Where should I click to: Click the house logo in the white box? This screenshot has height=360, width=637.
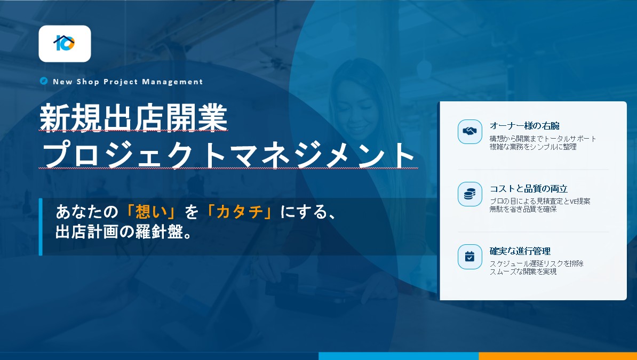click(x=64, y=43)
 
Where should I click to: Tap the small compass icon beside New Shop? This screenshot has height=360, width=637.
click(x=44, y=81)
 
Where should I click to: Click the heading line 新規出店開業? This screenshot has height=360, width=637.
click(x=134, y=118)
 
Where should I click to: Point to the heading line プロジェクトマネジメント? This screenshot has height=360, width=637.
click(x=228, y=155)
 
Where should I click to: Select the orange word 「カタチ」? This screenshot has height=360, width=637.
click(x=240, y=212)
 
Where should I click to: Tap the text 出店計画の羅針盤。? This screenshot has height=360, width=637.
click(x=123, y=231)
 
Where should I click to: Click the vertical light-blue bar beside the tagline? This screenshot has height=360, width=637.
click(x=41, y=227)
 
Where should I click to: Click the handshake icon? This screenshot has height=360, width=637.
click(x=470, y=132)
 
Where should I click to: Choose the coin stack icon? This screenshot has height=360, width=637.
click(x=470, y=194)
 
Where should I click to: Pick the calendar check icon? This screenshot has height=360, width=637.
click(x=470, y=257)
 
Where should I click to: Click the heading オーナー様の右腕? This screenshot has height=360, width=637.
click(x=524, y=126)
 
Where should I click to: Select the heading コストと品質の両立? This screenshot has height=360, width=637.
click(x=529, y=188)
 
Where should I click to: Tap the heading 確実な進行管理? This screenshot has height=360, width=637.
click(x=520, y=251)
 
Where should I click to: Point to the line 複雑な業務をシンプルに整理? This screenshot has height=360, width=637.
click(x=533, y=147)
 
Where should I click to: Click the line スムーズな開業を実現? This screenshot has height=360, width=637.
click(x=523, y=271)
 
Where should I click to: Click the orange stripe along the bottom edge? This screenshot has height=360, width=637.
click(x=558, y=356)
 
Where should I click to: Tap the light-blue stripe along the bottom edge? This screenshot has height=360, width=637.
click(x=399, y=356)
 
